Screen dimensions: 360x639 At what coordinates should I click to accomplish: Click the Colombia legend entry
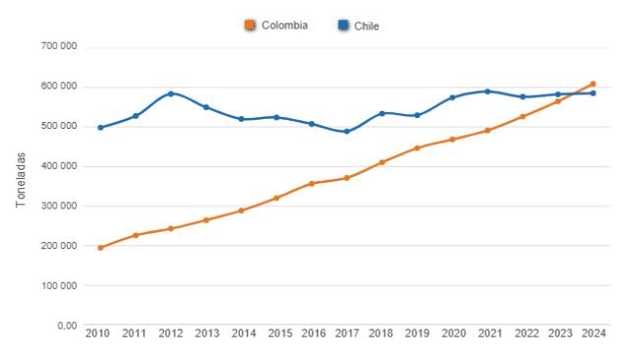pyautogui.click(x=277, y=26)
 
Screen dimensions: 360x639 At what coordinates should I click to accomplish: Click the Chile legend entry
pyautogui.click(x=359, y=26)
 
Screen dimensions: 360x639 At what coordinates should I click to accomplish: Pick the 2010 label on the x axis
pyautogui.click(x=98, y=334)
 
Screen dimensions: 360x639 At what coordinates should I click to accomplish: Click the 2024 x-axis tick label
pyautogui.click(x=593, y=334)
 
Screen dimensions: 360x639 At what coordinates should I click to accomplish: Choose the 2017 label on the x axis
pyautogui.click(x=346, y=334)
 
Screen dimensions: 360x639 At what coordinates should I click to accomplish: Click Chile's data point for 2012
pyautogui.click(x=171, y=93)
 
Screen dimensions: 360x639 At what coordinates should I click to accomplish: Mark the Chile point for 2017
pyautogui.click(x=346, y=132)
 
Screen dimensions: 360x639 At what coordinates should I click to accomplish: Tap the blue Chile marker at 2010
pyautogui.click(x=100, y=128)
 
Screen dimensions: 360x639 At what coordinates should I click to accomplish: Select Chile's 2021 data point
pyautogui.click(x=488, y=91)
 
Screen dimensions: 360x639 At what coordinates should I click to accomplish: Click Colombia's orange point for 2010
pyautogui.click(x=100, y=248)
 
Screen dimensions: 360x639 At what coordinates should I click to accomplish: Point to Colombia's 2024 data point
pyautogui.click(x=593, y=84)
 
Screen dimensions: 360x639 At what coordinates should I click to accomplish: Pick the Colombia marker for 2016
pyautogui.click(x=312, y=184)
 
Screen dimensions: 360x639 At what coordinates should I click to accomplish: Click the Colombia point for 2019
pyautogui.click(x=417, y=149)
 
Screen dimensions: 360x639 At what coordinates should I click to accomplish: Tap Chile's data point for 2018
pyautogui.click(x=381, y=113)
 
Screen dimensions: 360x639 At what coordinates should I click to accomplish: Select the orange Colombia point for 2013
pyautogui.click(x=205, y=220)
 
